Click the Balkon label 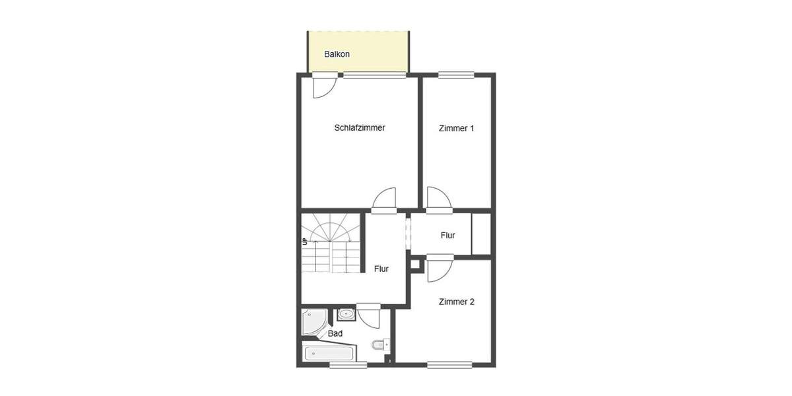click(337, 54)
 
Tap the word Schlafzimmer click(360, 128)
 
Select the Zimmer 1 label click(456, 129)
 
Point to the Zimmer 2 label click(457, 302)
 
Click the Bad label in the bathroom click(335, 334)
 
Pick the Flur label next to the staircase click(381, 269)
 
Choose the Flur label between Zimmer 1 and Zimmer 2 click(447, 236)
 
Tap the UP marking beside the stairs click(305, 242)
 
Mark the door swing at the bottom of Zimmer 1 click(438, 200)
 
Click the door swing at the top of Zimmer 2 click(438, 269)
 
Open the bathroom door click(369, 316)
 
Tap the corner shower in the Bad click(315, 322)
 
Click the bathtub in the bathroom click(329, 352)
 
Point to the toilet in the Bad click(379, 345)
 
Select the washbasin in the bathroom click(346, 314)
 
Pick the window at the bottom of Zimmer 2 click(449, 364)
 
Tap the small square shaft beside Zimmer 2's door click(415, 265)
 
